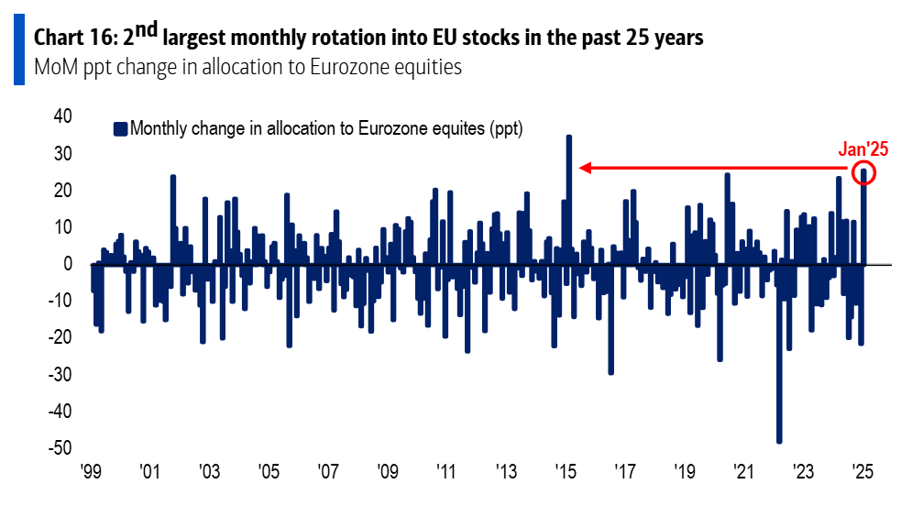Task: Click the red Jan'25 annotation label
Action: (x=863, y=150)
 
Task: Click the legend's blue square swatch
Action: (x=119, y=128)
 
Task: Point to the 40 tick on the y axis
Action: (x=62, y=116)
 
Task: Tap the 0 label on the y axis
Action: (x=67, y=264)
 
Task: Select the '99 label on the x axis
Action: (x=90, y=473)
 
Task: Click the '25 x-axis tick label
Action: (x=862, y=473)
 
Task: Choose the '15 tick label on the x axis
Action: (x=565, y=473)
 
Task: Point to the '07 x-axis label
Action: (x=327, y=473)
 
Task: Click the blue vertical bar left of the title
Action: (x=18, y=51)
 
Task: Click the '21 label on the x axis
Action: (x=742, y=473)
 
